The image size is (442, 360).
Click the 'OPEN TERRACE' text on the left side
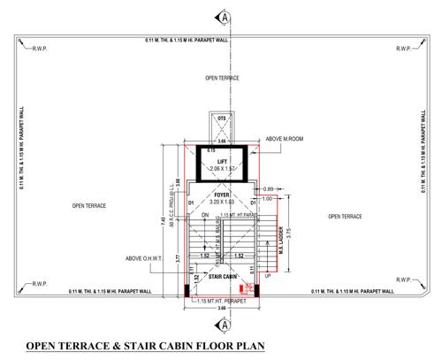tap(89, 205)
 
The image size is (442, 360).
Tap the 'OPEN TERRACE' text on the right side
tap(345, 216)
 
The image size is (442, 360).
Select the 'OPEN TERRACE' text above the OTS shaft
tap(223, 78)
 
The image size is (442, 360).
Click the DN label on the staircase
tap(204, 214)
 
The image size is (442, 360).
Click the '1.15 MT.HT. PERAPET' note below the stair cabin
tap(219, 303)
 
